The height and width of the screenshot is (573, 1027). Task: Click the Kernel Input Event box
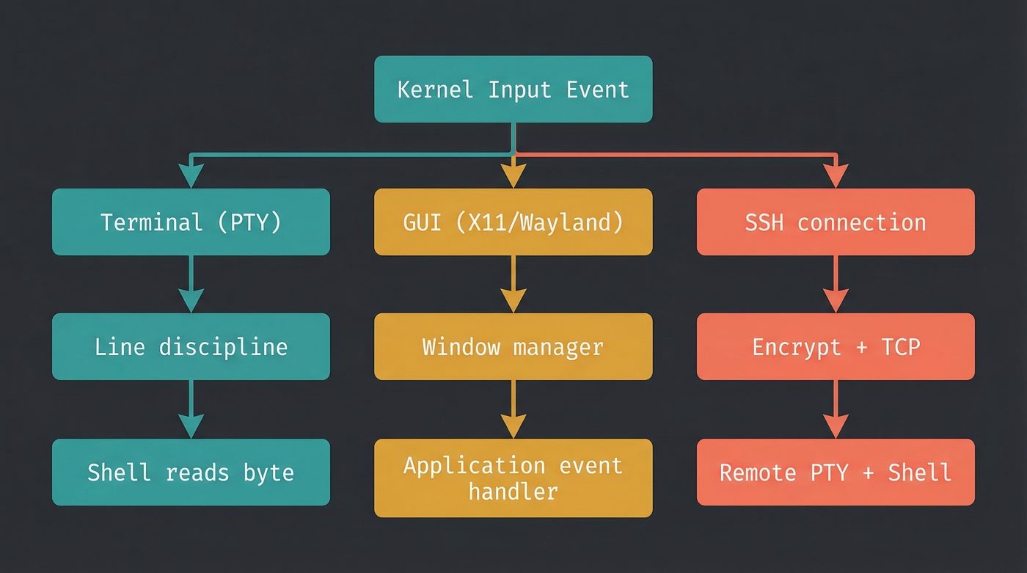click(x=513, y=89)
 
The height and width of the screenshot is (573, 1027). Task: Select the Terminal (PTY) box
click(x=191, y=222)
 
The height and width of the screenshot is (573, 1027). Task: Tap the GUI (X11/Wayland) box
click(x=513, y=222)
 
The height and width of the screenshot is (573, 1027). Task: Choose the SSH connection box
click(x=836, y=222)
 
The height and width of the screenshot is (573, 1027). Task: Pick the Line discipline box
click(x=191, y=346)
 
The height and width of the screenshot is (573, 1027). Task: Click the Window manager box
click(x=513, y=346)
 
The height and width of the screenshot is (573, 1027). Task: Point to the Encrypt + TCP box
click(x=836, y=346)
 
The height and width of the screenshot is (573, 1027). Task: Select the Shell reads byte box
click(x=191, y=472)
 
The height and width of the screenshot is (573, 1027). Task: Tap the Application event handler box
click(x=513, y=478)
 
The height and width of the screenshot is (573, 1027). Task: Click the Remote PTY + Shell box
click(x=836, y=472)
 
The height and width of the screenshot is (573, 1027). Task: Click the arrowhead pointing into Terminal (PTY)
click(x=191, y=177)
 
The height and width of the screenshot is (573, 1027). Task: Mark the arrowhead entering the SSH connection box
click(x=836, y=177)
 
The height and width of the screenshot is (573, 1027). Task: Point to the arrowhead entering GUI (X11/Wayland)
click(x=513, y=177)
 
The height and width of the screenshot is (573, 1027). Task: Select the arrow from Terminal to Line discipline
click(x=191, y=284)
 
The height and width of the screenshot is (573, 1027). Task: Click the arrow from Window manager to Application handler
click(x=513, y=409)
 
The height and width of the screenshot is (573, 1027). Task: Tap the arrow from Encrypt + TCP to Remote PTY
click(x=836, y=409)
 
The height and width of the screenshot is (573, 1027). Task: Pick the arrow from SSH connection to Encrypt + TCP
click(x=836, y=284)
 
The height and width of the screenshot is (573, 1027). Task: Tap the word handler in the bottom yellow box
click(x=513, y=490)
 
